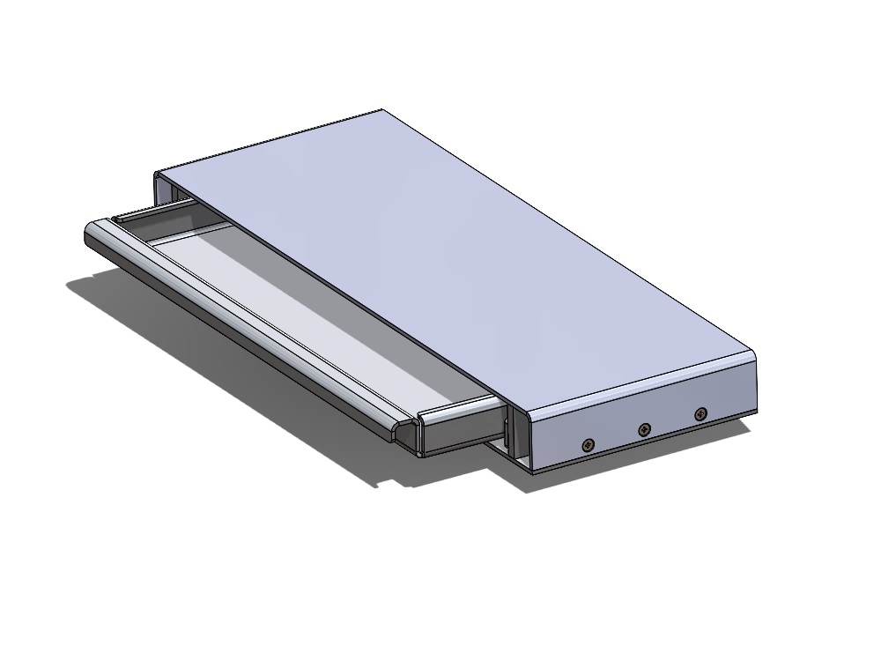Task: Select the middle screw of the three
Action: coord(645,429)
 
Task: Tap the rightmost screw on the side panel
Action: coord(700,412)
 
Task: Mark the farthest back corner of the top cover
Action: coord(381,111)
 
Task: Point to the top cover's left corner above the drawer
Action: coord(159,173)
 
